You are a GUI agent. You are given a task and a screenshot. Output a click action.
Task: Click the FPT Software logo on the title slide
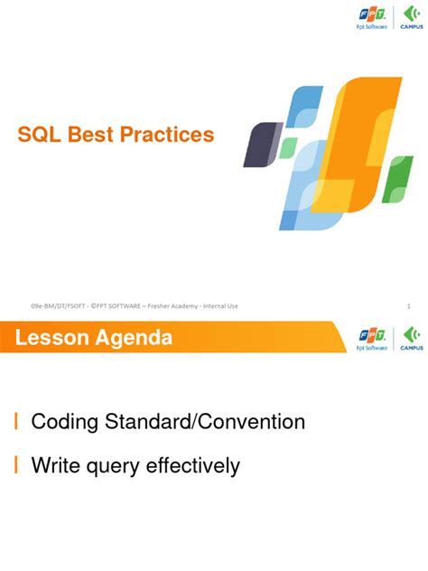point(372,19)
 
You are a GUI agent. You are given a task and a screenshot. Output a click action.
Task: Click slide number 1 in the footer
point(408,306)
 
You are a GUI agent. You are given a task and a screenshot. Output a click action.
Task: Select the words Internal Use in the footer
point(220,306)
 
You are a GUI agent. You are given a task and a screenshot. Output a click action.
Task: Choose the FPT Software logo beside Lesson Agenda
point(372,339)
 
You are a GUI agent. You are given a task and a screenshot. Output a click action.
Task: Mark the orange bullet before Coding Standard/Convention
point(16,422)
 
